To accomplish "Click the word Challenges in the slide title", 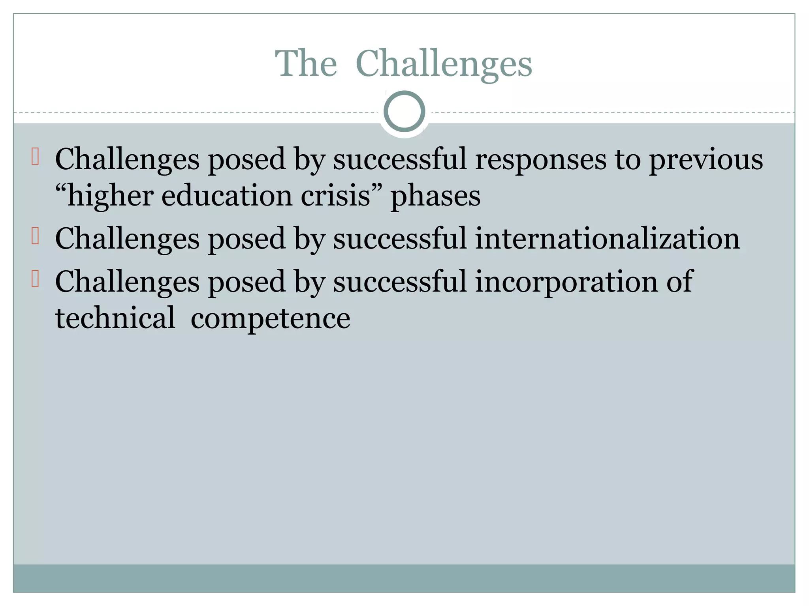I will pyautogui.click(x=444, y=64).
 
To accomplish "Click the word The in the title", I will pyautogui.click(x=306, y=64).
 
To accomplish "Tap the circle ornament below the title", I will pyautogui.click(x=404, y=111).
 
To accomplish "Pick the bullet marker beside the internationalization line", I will pyautogui.click(x=35, y=236).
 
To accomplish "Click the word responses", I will pyautogui.click(x=540, y=160).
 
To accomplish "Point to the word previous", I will pyautogui.click(x=706, y=160).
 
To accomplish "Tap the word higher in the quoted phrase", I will pyautogui.click(x=110, y=196).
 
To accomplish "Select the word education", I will pyautogui.click(x=227, y=196).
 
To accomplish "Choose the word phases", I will pyautogui.click(x=435, y=196).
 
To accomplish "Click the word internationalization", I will pyautogui.click(x=607, y=239).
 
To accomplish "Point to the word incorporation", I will pyautogui.click(x=566, y=282).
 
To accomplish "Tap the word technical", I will pyautogui.click(x=115, y=318).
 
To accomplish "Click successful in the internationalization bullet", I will pyautogui.click(x=400, y=239).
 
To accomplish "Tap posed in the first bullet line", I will pyautogui.click(x=247, y=160).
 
